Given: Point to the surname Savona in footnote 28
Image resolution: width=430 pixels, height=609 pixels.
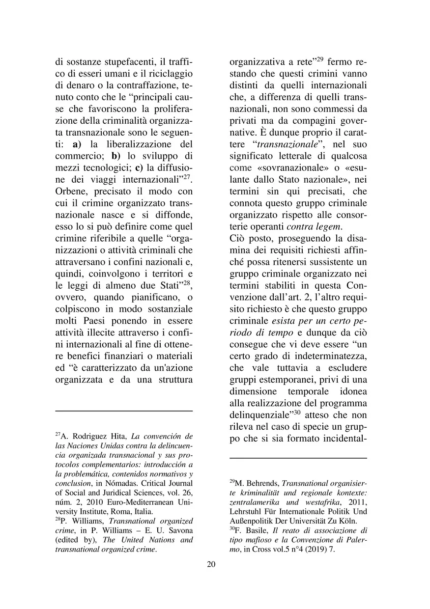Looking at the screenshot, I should coord(171,530).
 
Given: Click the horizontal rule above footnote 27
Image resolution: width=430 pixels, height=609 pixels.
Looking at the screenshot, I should coord(124,411).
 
